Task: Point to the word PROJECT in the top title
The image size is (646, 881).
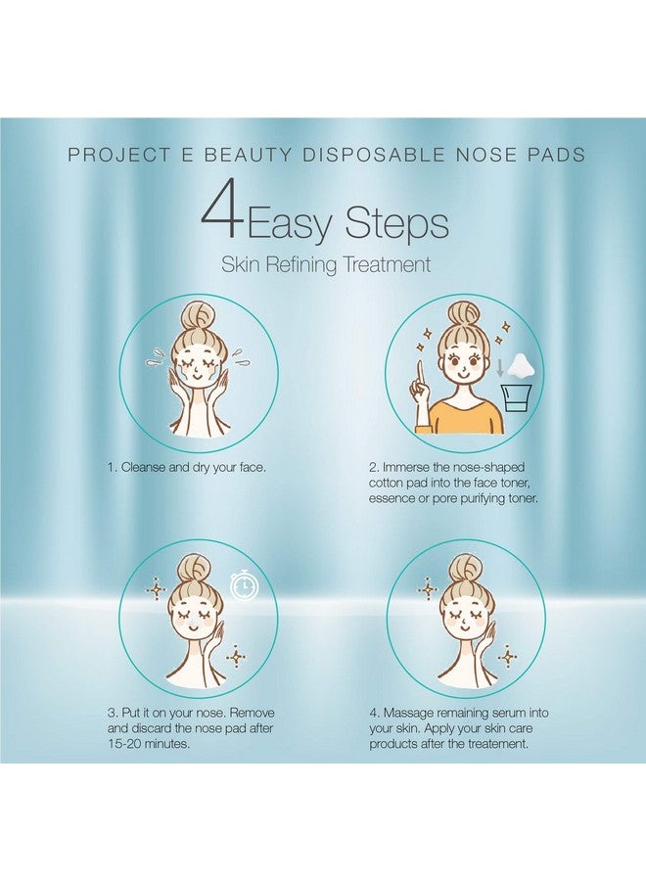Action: click(106, 156)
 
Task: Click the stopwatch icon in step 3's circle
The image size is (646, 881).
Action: click(245, 584)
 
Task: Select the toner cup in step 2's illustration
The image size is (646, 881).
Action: click(516, 408)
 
